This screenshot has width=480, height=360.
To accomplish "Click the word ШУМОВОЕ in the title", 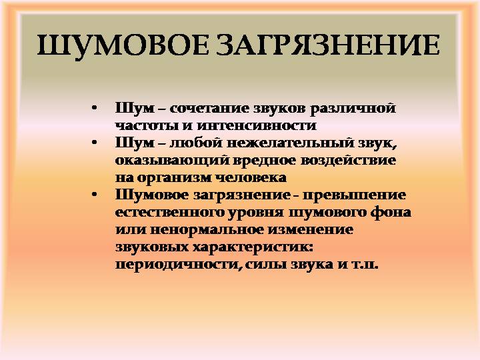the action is tap(123, 46).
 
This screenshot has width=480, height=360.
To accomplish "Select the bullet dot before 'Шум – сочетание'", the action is tap(94, 109).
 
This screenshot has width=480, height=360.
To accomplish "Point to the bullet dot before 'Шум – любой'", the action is tap(94, 143).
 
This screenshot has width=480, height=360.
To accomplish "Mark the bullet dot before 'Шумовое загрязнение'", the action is tap(94, 195).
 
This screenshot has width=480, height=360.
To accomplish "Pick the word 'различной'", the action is tap(353, 109).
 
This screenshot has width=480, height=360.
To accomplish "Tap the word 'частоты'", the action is tap(146, 126).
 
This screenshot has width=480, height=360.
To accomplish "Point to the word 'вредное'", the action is tap(264, 160).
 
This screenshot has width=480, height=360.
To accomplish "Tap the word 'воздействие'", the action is tap(348, 160).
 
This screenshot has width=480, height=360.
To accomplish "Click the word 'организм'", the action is tap(175, 178).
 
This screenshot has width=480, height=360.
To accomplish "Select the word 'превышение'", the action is tap(354, 195).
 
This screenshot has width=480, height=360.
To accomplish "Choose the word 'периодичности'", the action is tap(177, 265).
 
